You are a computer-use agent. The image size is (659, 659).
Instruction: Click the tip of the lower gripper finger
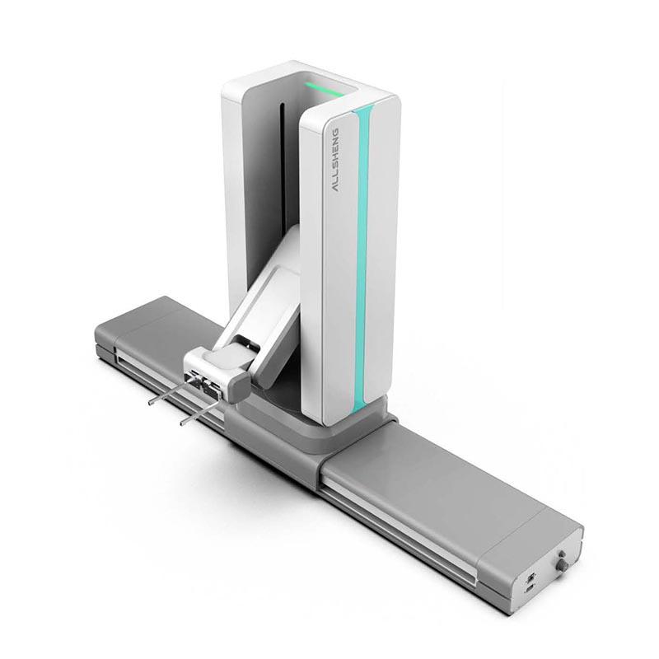(182, 424)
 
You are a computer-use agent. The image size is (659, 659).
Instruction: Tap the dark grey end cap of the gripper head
(238, 386)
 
